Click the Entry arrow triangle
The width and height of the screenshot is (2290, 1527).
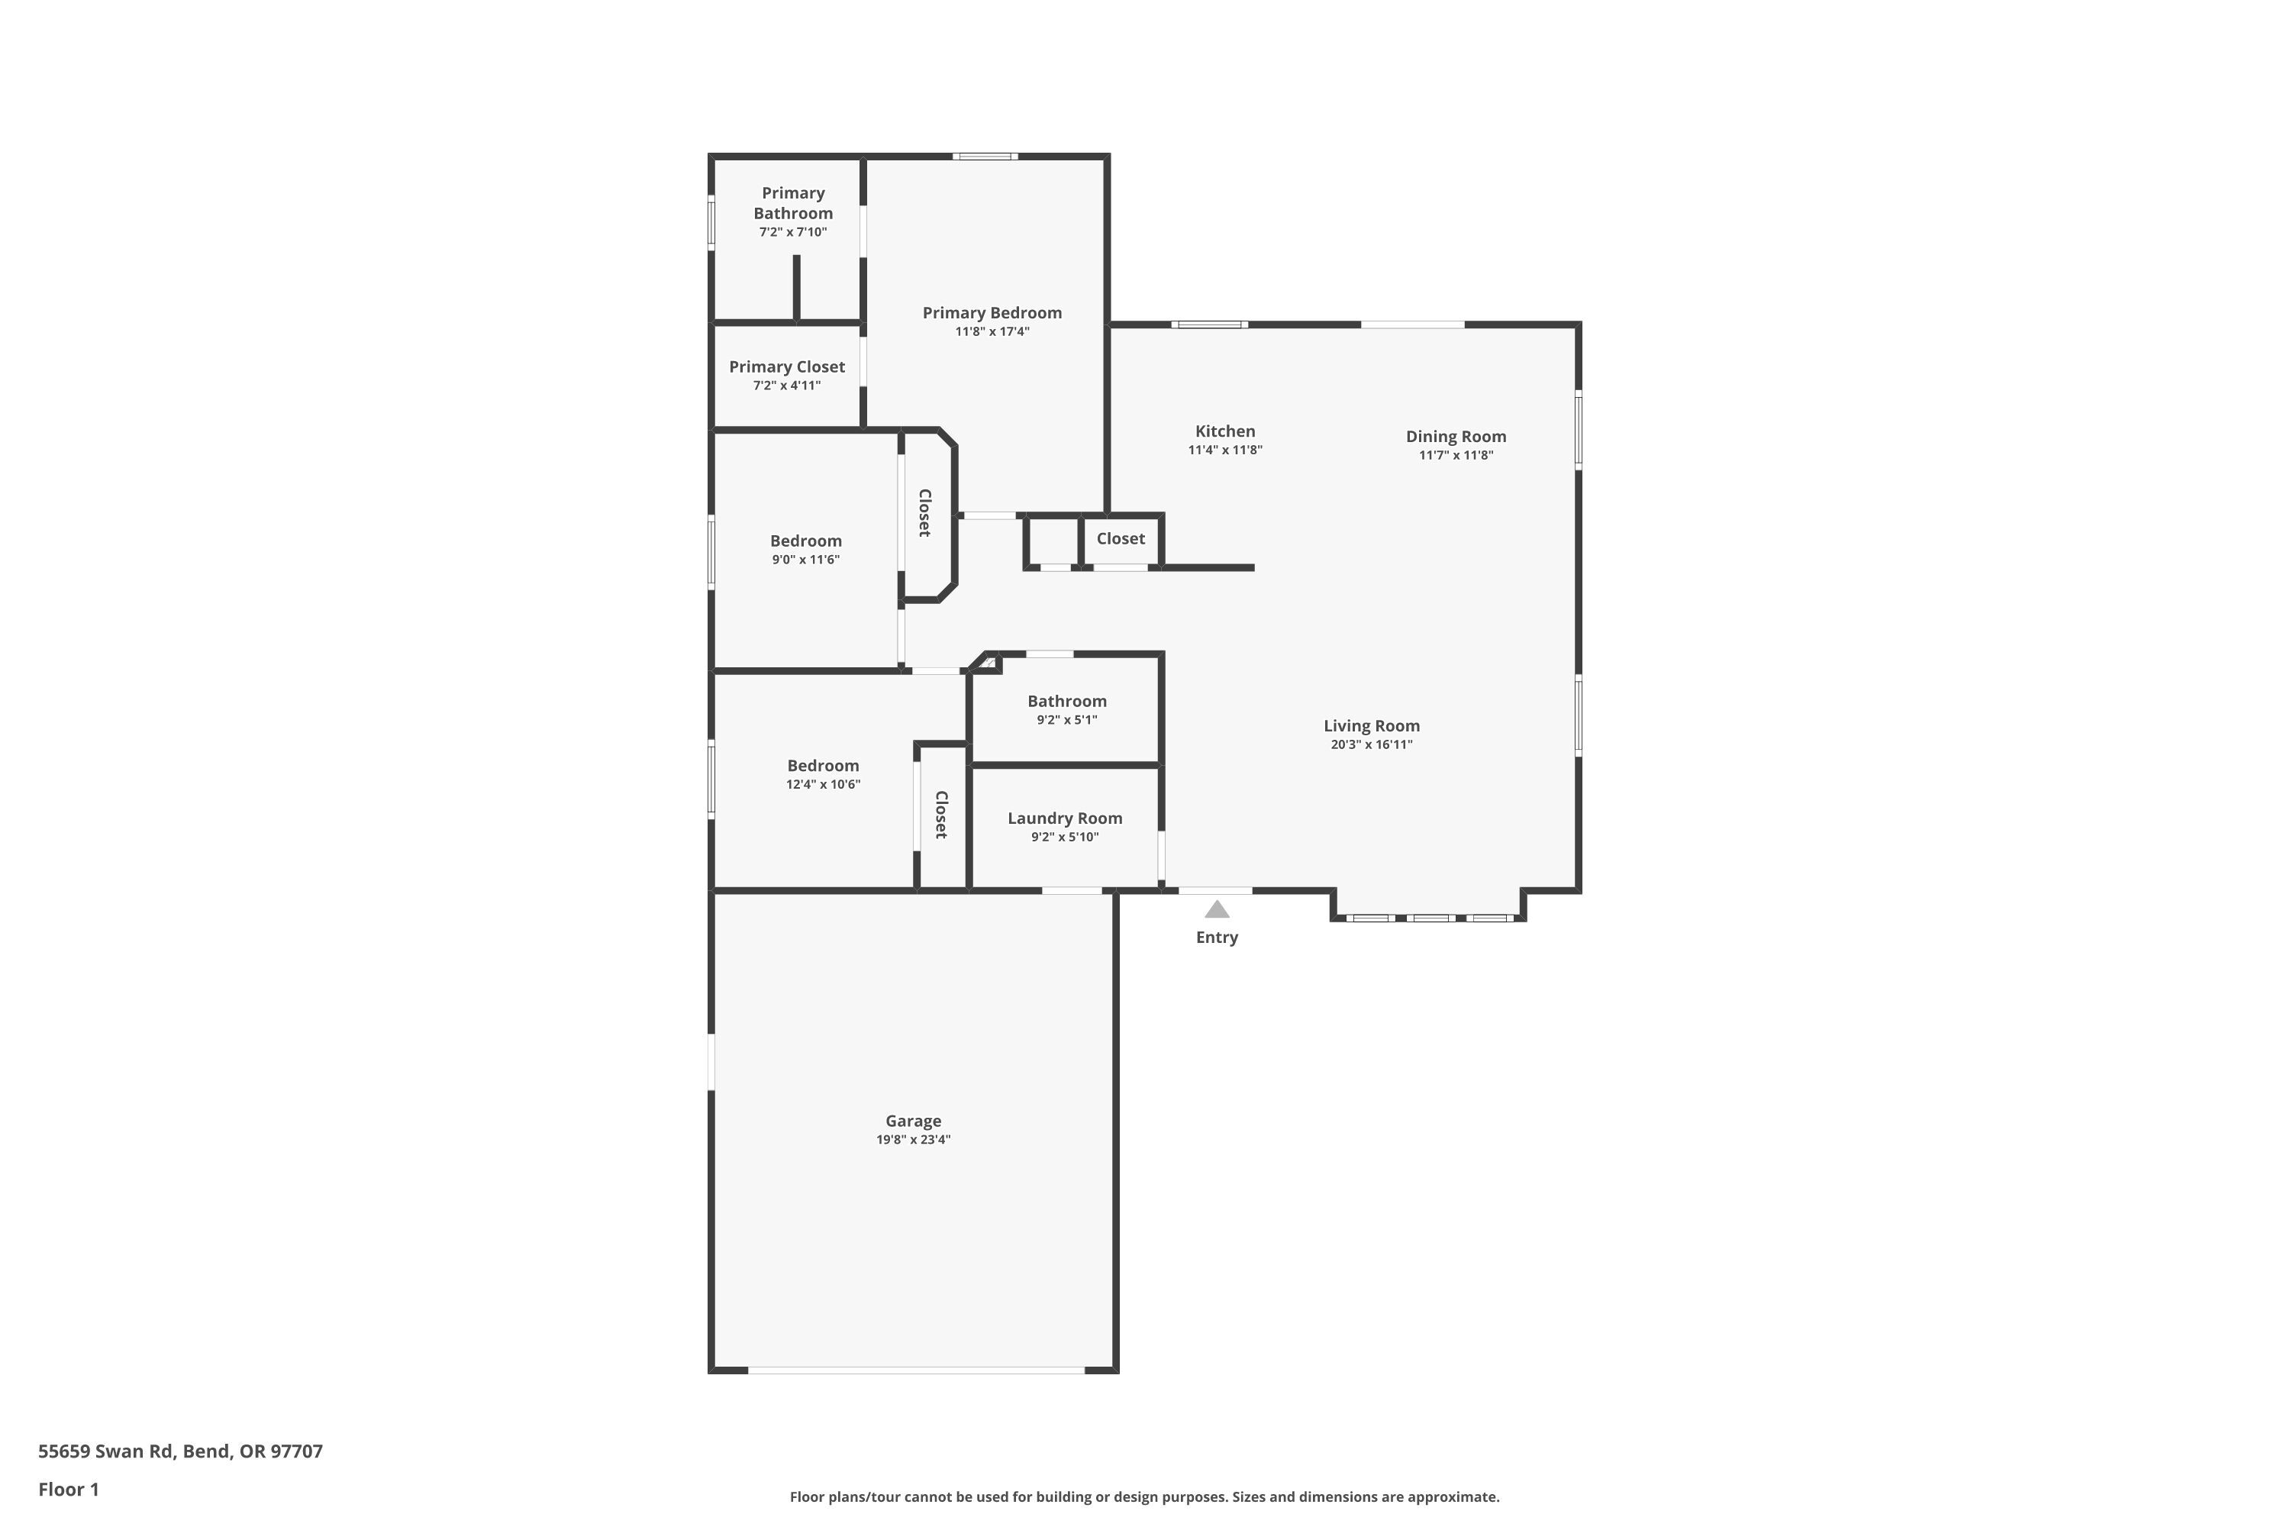tap(1216, 909)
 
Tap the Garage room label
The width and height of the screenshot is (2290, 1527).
tap(912, 1121)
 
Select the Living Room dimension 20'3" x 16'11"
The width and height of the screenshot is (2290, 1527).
tap(1371, 745)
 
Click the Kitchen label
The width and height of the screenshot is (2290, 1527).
tap(1225, 431)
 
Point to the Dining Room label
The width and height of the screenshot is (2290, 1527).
tap(1456, 436)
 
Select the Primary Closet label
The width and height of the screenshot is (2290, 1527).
tap(787, 367)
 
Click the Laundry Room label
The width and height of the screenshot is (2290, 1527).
tap(1064, 818)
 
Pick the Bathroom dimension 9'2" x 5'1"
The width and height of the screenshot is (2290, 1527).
tap(1066, 721)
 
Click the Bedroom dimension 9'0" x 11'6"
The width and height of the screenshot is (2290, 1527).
tap(805, 560)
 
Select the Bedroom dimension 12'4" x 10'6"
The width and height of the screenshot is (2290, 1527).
tap(823, 785)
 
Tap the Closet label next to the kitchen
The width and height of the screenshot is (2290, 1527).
tap(1120, 538)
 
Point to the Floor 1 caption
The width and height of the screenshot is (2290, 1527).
tap(68, 1489)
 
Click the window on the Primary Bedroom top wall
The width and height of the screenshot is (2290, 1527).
tap(985, 156)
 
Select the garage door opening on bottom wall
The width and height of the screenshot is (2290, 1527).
tap(915, 1370)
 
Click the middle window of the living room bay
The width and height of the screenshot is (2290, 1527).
tap(1430, 918)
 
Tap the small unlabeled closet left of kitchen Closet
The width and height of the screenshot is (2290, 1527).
tap(1053, 541)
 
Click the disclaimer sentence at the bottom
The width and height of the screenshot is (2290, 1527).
tap(1144, 1496)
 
